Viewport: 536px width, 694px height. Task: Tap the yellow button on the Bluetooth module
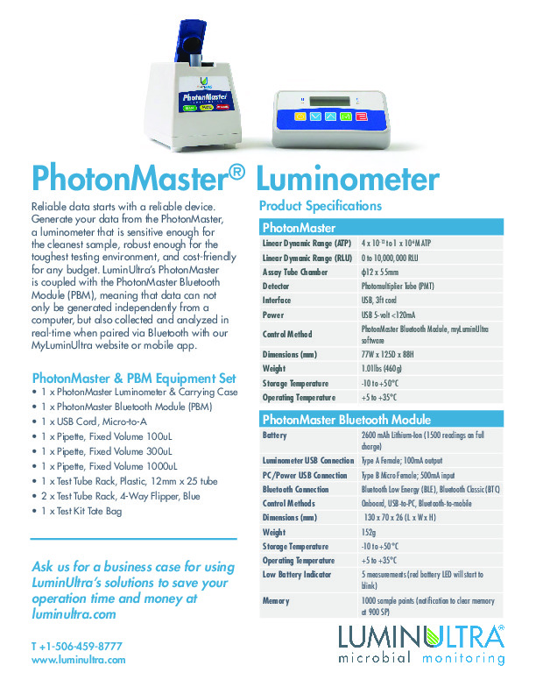click(x=300, y=116)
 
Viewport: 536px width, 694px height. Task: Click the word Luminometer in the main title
click(x=348, y=179)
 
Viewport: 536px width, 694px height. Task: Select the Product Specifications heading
click(x=321, y=206)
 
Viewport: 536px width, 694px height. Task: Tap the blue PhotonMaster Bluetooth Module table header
click(x=382, y=419)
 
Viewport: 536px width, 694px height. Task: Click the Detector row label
click(x=278, y=286)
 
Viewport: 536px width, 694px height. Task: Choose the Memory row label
click(x=278, y=601)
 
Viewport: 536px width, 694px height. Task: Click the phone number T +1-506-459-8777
click(x=76, y=646)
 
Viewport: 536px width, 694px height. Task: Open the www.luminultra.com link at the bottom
click(x=79, y=659)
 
